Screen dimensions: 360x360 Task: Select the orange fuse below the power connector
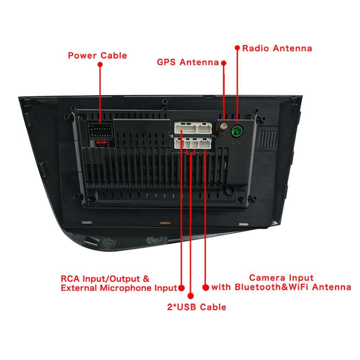[x=102, y=143]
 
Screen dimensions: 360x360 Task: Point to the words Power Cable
[x=97, y=55]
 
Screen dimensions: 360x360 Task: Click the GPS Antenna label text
[x=188, y=62]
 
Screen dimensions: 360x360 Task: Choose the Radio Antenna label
[x=277, y=48]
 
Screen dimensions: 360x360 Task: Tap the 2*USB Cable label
[x=197, y=307]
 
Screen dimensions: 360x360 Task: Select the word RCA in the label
[x=71, y=279]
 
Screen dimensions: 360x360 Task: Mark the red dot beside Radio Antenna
[x=237, y=48]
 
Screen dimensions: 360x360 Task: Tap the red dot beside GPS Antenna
[x=224, y=63]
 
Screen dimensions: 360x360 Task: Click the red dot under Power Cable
[x=100, y=64]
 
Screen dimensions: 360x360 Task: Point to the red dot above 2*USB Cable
[x=190, y=296]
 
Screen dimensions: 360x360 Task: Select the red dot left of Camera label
[x=206, y=287]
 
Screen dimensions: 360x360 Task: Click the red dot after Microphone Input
[x=181, y=288]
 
